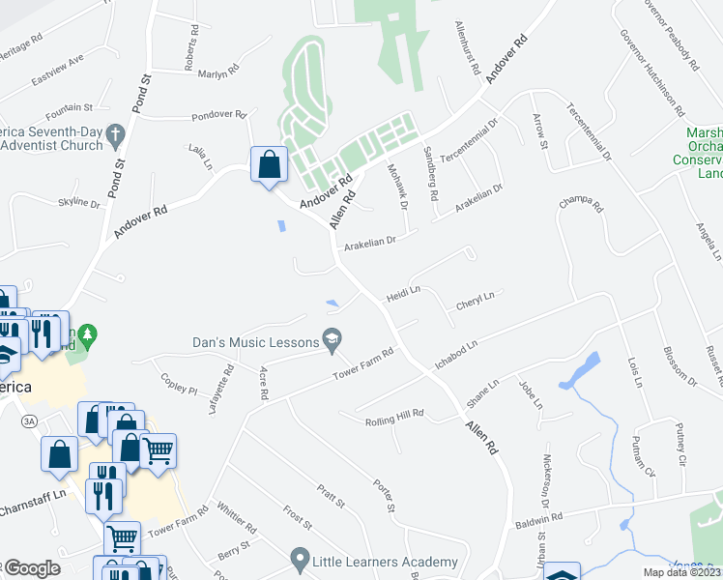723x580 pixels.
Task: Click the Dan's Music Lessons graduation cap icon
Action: pyautogui.click(x=333, y=337)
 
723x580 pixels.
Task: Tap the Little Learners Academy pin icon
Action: pyautogui.click(x=301, y=559)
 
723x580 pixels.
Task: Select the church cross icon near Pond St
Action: pyautogui.click(x=115, y=132)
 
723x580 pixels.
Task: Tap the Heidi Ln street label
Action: pyautogui.click(x=404, y=291)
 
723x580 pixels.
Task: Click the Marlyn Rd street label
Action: pyautogui.click(x=217, y=73)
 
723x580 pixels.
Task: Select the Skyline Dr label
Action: pyautogui.click(x=79, y=203)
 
